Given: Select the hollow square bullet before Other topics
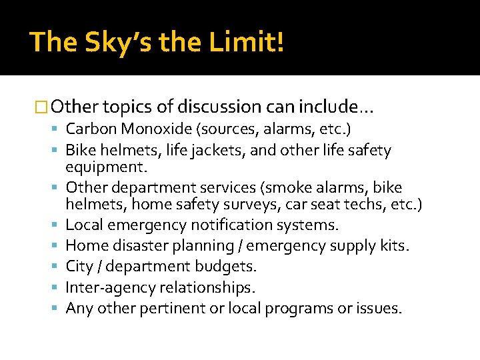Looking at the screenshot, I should click(41, 107).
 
